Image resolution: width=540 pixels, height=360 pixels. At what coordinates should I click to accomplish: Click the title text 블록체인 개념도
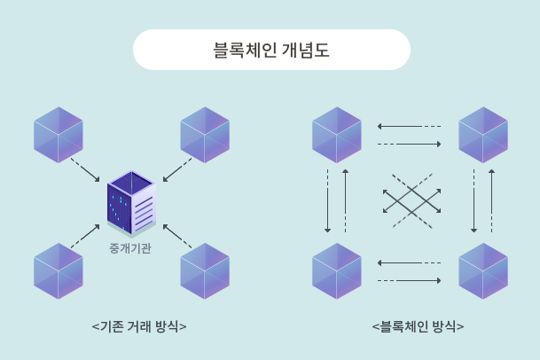[271, 50]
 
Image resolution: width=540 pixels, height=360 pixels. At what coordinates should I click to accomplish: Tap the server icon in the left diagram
[130, 205]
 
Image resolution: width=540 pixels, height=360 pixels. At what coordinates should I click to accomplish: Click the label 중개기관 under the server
[130, 248]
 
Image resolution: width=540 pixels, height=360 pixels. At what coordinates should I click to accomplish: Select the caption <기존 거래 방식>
[139, 326]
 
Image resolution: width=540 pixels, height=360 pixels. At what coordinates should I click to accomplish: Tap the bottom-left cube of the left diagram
[59, 270]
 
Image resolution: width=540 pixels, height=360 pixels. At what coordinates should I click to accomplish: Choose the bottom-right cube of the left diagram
[205, 270]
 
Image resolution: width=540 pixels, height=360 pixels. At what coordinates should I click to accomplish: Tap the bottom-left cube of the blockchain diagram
[337, 270]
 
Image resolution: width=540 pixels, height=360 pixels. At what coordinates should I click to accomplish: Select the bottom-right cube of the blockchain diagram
[483, 270]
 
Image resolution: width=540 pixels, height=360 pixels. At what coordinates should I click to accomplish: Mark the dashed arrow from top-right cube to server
[177, 170]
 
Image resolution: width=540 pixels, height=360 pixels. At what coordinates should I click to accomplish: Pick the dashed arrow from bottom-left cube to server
[85, 235]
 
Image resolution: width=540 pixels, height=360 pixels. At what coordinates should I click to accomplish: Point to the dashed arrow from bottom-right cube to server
[177, 235]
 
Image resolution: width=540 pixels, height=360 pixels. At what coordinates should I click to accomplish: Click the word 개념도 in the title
[305, 50]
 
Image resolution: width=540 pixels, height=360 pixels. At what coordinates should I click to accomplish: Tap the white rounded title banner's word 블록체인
[243, 50]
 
